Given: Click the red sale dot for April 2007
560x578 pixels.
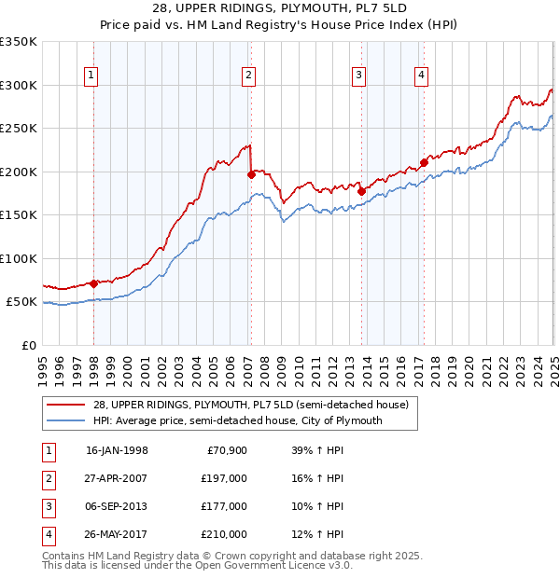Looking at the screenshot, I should tap(251, 174).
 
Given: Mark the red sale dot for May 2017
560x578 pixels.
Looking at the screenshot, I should tap(424, 162).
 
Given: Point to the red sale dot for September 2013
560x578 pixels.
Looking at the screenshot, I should tap(360, 192).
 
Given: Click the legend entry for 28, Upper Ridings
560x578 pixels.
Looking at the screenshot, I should tap(237, 405).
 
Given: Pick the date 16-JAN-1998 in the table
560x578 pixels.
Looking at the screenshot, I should tap(117, 450).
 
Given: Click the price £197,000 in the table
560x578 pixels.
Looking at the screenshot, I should tap(224, 478).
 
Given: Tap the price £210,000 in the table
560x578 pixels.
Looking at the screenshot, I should tap(224, 534).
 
